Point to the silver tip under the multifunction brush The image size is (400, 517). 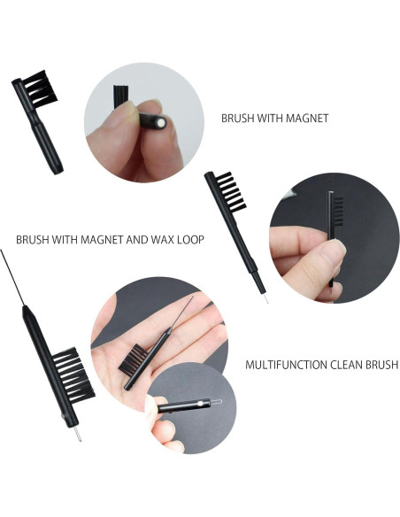click(77, 434)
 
